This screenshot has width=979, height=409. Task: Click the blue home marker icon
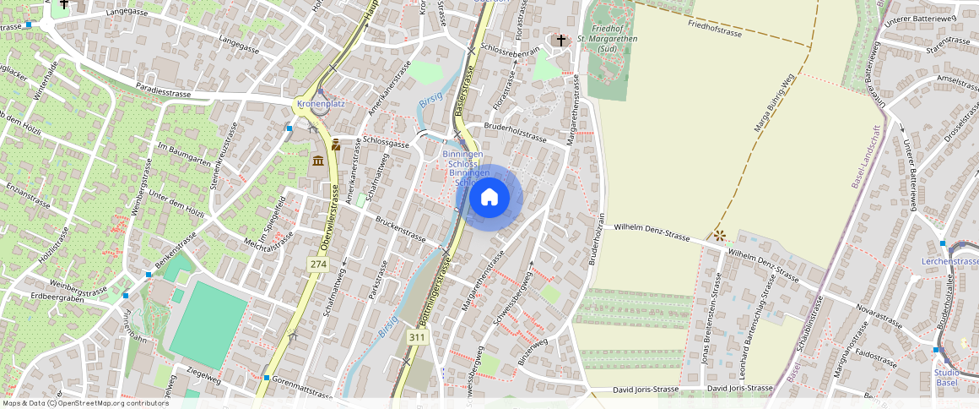(489, 198)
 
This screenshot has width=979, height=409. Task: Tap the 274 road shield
(318, 264)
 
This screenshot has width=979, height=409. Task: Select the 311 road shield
(417, 337)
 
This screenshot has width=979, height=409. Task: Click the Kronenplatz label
(321, 104)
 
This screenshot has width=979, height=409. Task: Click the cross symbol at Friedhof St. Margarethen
(561, 40)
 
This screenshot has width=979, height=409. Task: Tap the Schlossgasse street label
(386, 144)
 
